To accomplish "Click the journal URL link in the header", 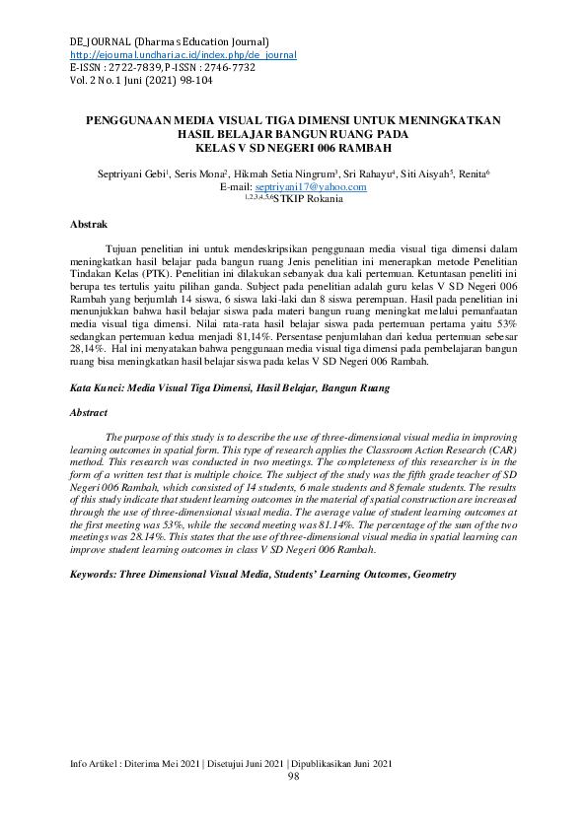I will point(183,55).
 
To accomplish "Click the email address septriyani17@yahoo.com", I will point(310,185).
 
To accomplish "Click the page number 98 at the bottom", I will point(293,777).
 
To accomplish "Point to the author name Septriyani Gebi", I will point(131,173).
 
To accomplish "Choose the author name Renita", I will point(472,173).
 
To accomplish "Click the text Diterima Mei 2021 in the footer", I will point(159,764).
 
